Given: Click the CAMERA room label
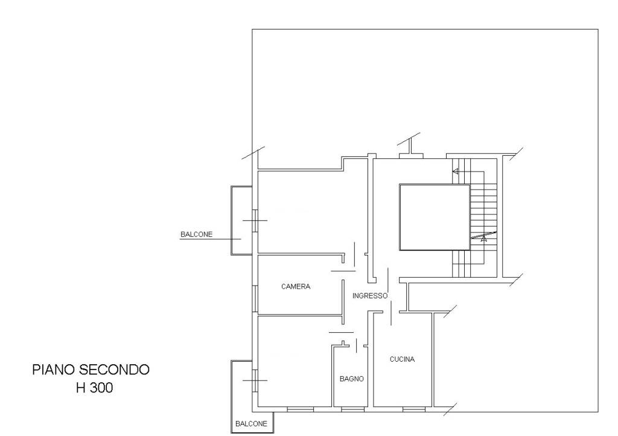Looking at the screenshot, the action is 296,287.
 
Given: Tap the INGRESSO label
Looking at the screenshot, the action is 370,296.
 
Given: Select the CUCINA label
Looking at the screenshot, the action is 402,359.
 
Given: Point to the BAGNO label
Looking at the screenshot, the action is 352,379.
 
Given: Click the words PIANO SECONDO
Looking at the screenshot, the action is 91,370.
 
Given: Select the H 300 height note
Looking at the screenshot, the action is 95,388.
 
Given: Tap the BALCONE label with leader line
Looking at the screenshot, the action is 196,234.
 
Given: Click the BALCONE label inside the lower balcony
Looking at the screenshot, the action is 251,424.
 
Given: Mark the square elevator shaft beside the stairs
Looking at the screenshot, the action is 435,217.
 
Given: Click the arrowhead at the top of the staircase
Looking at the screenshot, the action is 455,171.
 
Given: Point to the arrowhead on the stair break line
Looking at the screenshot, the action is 484,238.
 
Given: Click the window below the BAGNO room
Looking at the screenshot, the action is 352,409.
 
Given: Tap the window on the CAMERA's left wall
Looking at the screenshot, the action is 255,299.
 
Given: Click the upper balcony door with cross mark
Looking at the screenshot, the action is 255,220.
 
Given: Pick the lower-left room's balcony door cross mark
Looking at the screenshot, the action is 255,380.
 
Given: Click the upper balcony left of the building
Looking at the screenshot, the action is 241,220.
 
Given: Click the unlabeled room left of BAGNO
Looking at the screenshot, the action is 294,361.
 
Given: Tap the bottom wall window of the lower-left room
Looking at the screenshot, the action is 301,409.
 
